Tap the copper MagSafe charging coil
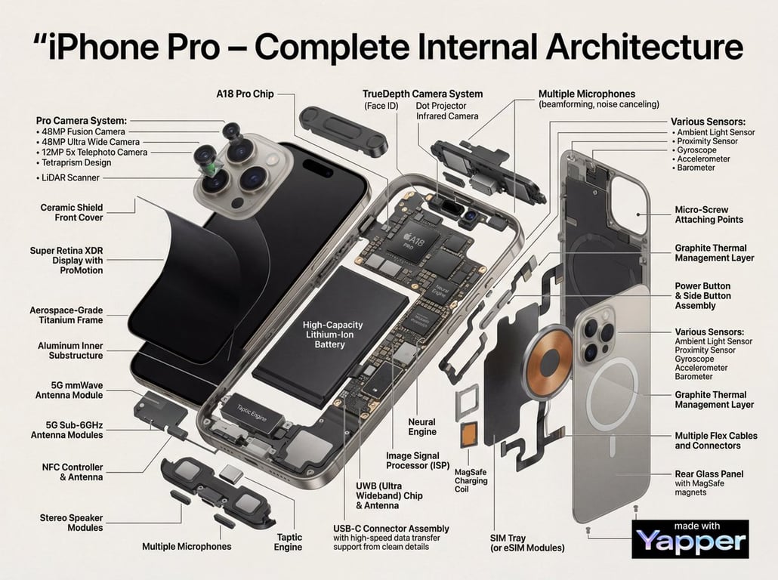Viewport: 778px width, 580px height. (x=549, y=357)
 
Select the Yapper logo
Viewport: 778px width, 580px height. (x=690, y=539)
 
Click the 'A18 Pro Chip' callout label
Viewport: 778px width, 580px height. (x=245, y=94)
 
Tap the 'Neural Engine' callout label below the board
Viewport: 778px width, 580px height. (x=422, y=427)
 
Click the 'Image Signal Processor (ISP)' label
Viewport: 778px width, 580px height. (x=418, y=461)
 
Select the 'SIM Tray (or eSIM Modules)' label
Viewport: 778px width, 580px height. (x=527, y=543)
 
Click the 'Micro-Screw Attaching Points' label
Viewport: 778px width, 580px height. (x=709, y=214)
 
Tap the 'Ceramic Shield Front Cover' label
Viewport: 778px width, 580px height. (x=72, y=212)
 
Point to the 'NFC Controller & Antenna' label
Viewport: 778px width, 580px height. (x=73, y=472)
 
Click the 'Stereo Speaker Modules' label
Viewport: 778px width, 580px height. (x=72, y=523)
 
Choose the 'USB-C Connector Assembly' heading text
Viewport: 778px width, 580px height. (x=391, y=529)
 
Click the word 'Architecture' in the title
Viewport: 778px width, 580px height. (x=645, y=46)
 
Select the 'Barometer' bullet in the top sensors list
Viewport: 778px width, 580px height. (x=696, y=168)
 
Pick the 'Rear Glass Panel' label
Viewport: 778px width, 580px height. (x=709, y=474)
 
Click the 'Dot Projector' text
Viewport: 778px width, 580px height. (x=441, y=106)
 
